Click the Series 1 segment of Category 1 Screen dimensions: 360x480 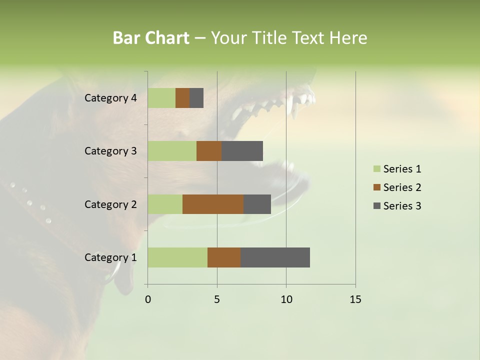point(177,257)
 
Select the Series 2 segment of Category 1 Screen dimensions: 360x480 point(224,257)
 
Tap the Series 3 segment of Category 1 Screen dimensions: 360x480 point(275,257)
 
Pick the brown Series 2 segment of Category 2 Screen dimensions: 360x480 point(213,204)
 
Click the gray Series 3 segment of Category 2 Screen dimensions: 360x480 point(257,204)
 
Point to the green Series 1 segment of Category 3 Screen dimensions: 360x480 point(172,151)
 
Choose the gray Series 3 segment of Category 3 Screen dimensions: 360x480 point(242,151)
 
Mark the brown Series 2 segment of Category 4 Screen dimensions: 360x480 point(182,98)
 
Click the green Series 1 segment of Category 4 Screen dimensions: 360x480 point(161,98)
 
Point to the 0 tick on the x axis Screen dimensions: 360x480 point(148,299)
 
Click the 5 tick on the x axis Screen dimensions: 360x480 point(217,299)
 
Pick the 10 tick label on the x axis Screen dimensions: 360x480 point(286,299)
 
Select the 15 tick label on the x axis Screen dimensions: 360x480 point(355,299)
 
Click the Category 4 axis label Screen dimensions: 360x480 point(110,98)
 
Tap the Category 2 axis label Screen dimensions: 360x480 point(110,204)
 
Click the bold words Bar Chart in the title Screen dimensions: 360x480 point(151,38)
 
